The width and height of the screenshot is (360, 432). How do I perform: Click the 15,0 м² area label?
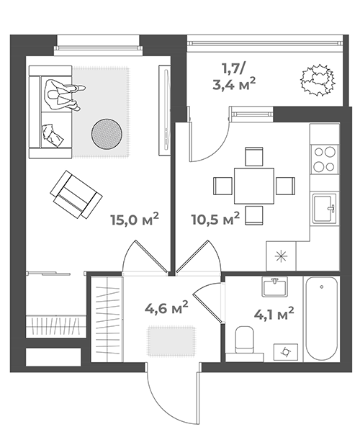(135, 219)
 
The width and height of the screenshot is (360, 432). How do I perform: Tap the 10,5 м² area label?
(215, 218)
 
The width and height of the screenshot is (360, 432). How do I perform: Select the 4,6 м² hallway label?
(166, 307)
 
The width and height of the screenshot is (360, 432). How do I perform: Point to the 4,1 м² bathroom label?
(274, 314)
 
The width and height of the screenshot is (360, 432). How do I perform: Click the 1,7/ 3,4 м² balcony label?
(234, 76)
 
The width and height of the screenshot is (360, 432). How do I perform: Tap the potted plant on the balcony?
(318, 80)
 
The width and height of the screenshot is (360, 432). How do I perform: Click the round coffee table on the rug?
(107, 134)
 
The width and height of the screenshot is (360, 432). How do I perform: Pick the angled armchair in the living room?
(76, 194)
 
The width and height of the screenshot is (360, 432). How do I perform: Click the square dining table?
(254, 186)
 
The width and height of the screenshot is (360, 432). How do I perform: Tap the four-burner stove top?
(325, 159)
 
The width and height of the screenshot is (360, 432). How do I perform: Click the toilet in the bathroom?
(244, 340)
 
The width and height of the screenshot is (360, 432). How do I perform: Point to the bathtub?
(321, 318)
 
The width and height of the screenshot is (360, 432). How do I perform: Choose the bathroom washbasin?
(274, 287)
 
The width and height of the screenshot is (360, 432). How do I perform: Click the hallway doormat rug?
(171, 341)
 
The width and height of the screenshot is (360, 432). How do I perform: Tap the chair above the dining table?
(253, 156)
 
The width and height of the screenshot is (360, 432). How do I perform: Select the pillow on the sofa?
(53, 135)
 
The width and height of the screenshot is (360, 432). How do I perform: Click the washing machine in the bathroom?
(286, 352)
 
